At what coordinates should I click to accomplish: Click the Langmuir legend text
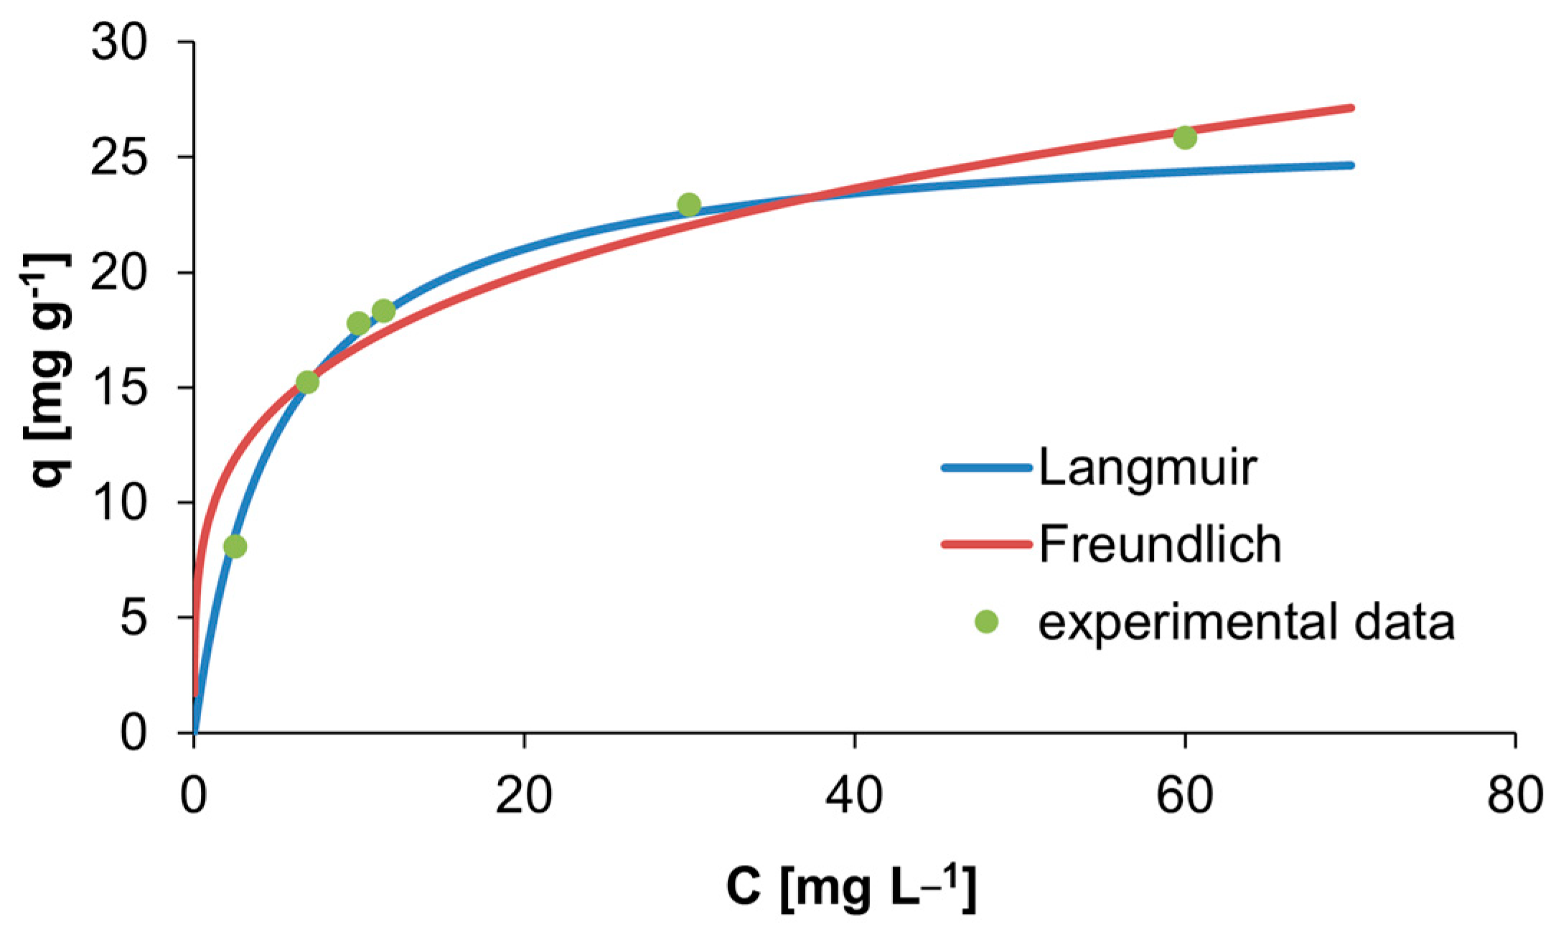point(1147,468)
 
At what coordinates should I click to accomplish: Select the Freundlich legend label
point(1160,544)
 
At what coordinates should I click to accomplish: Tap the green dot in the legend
point(987,622)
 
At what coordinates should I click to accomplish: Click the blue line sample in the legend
point(987,468)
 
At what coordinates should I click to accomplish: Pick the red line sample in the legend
point(987,544)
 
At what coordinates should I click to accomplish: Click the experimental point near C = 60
point(1185,137)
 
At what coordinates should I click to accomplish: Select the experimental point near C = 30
point(689,205)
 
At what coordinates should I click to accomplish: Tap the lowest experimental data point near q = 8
point(235,546)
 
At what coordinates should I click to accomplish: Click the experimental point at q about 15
point(307,382)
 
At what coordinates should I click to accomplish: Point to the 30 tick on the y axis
point(119,43)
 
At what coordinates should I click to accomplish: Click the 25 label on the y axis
point(119,157)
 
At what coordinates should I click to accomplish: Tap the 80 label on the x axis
point(1514,796)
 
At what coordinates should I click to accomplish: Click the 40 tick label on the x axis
point(854,796)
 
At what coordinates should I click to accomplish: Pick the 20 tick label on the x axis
point(524,796)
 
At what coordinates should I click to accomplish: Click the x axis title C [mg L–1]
point(851,887)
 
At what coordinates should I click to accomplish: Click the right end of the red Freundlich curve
point(1351,108)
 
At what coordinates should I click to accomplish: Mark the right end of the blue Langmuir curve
point(1351,165)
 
